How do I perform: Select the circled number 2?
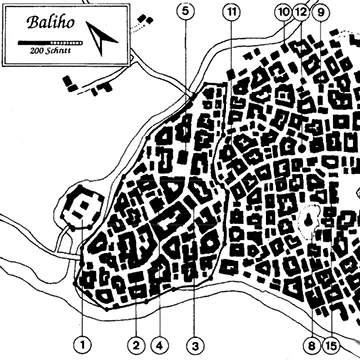[133, 346]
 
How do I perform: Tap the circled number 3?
[194, 346]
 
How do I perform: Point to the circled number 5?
[185, 11]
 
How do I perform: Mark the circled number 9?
[321, 13]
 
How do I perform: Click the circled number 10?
[283, 12]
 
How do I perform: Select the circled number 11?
[232, 11]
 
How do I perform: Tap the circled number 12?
[301, 13]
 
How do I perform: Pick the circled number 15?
[332, 346]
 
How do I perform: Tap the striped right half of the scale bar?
[64, 41]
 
